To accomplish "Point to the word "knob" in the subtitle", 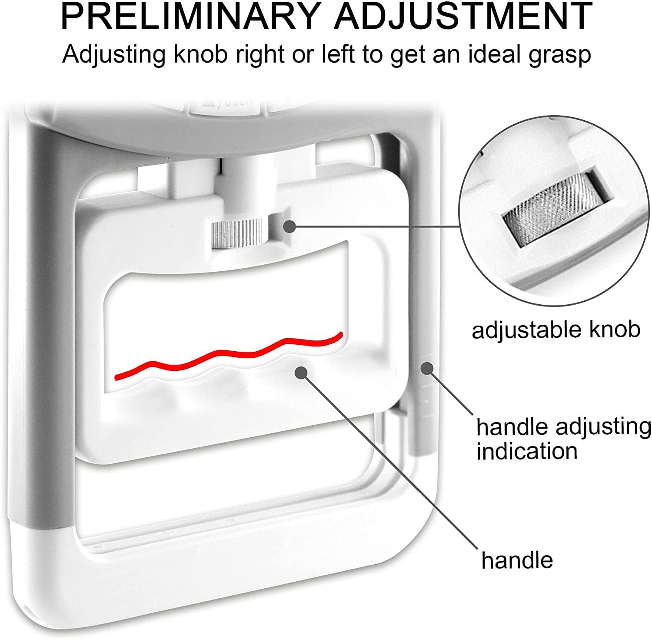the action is [199, 55].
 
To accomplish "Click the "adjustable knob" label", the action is [556, 330].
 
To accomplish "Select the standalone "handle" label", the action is [517, 560].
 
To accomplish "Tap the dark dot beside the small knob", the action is [289, 226].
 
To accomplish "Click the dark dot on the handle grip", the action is [301, 372].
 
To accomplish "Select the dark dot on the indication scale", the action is [427, 368].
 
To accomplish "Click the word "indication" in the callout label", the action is [527, 451].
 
